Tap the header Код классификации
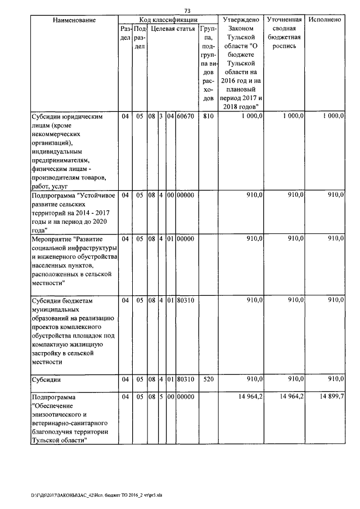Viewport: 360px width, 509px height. point(166,20)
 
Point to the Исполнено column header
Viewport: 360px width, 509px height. point(325,20)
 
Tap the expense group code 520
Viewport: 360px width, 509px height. point(208,380)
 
